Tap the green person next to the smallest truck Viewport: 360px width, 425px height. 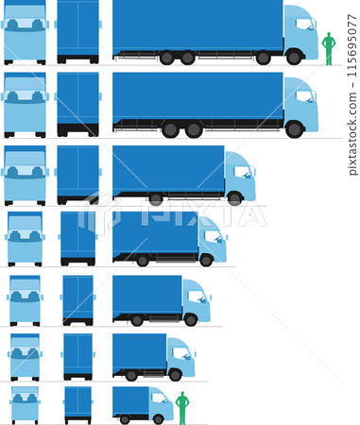coord(182,407)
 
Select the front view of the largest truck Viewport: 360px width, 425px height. coord(25,32)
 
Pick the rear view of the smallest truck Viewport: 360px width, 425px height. coord(77,403)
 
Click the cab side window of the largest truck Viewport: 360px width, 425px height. coord(304,25)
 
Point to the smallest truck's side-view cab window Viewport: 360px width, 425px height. coord(157,398)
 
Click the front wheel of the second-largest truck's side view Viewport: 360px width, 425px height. coord(294,129)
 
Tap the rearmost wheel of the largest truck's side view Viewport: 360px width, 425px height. coord(167,58)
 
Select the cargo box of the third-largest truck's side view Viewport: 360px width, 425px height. coord(168,169)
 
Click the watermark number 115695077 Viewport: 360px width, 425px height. coord(353,94)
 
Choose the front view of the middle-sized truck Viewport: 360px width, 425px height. coord(25,238)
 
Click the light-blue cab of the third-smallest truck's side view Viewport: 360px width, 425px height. coord(196,300)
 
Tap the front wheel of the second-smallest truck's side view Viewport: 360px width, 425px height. coord(175,375)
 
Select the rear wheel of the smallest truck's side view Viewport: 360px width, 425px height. coord(125,418)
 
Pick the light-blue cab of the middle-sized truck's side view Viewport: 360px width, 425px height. coord(212,240)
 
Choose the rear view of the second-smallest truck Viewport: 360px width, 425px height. coord(77,355)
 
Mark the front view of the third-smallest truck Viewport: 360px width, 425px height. coord(25,300)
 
